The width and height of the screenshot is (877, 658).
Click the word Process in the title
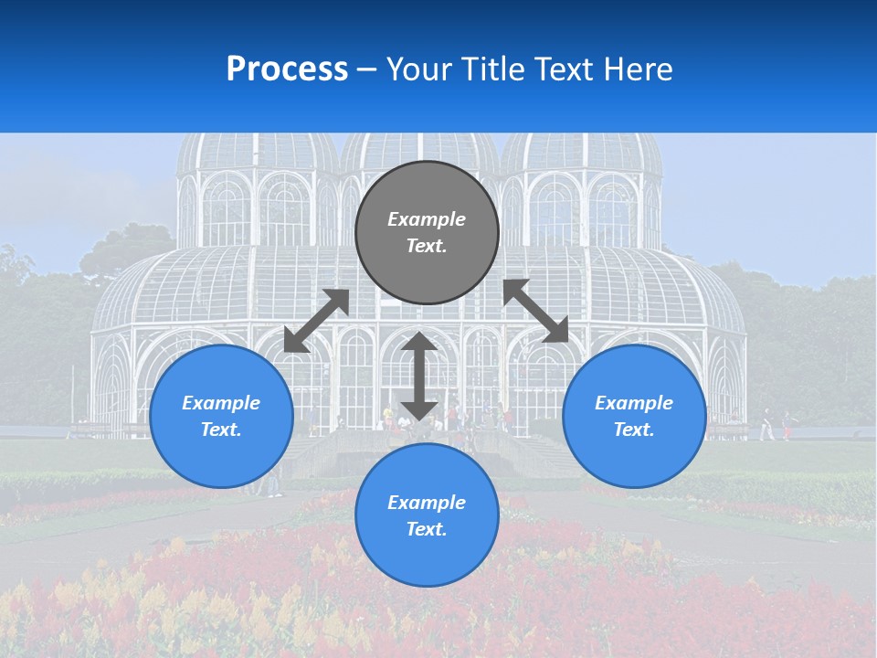[287, 69]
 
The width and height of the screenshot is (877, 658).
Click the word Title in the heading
[492, 69]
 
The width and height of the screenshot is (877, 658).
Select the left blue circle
[221, 457]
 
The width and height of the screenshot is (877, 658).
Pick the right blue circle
[634, 457]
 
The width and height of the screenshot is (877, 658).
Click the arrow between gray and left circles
[317, 321]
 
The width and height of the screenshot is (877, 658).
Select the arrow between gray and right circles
[535, 311]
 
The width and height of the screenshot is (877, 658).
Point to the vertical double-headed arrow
[419, 376]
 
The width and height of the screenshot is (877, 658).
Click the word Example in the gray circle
[427, 219]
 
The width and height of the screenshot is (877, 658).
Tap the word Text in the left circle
[221, 430]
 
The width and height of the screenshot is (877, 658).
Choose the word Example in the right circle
[634, 403]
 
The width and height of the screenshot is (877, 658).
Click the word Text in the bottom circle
[427, 529]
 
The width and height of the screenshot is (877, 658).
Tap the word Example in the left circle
[221, 403]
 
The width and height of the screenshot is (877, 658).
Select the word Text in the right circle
[634, 430]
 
